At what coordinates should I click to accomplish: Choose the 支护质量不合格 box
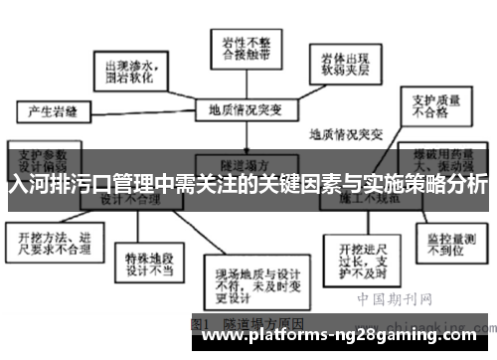coord(427,105)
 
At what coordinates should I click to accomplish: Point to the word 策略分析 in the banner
coord(446,185)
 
